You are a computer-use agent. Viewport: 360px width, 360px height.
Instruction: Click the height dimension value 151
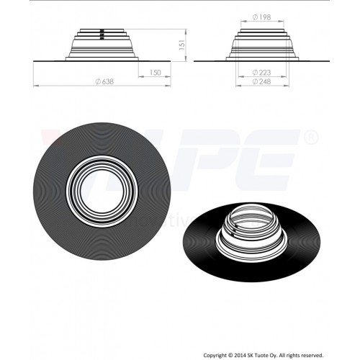point(183,45)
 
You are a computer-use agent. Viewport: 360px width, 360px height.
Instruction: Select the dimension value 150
point(154,72)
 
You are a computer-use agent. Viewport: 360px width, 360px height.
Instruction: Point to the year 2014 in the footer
point(253,355)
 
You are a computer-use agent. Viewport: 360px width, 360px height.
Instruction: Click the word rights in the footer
point(315,355)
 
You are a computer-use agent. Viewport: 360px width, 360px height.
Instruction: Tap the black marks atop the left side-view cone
point(102,32)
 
